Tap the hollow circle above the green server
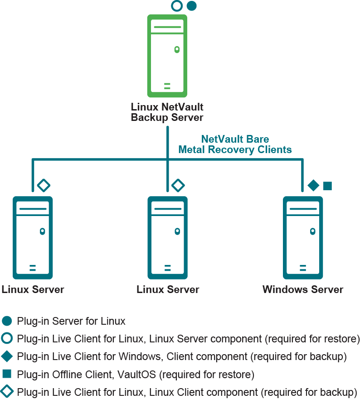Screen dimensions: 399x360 [x=177, y=6]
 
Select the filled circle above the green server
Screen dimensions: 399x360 [x=192, y=6]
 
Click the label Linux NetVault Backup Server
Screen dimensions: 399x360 [x=167, y=112]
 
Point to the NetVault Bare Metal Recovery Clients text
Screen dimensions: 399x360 [x=235, y=144]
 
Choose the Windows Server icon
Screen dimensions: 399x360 [x=303, y=237]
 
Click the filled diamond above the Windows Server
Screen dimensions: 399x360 [x=313, y=185]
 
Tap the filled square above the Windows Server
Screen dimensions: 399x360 [x=327, y=186]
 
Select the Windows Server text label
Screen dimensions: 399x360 [x=303, y=289]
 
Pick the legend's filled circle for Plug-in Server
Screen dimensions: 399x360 [x=7, y=321]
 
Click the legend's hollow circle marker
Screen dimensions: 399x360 [x=7, y=339]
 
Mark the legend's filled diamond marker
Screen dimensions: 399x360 [x=7, y=356]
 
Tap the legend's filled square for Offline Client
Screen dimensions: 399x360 [x=7, y=374]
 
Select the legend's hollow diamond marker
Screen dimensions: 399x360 [x=7, y=391]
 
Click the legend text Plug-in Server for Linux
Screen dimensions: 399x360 [x=71, y=322]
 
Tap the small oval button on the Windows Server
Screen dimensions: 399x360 [x=312, y=231]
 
